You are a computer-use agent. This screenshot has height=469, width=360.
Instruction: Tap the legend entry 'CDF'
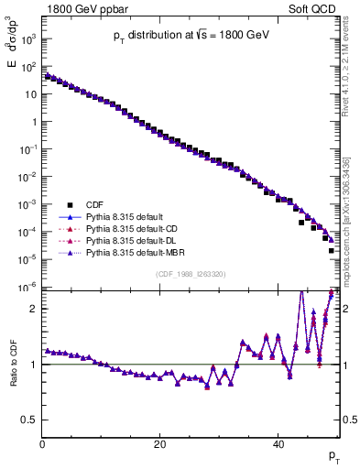coord(94,204)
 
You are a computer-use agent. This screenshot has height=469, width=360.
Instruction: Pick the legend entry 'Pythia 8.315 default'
coord(125,216)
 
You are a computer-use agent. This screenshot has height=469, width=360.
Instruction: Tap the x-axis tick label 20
coord(160,443)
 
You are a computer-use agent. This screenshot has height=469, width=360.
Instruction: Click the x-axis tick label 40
coord(278,443)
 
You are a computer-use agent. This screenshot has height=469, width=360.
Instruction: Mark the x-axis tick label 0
coord(43,443)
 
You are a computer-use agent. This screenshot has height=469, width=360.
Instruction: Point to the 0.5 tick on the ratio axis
coord(29,420)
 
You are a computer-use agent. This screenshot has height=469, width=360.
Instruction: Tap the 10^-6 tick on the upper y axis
coord(28,287)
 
